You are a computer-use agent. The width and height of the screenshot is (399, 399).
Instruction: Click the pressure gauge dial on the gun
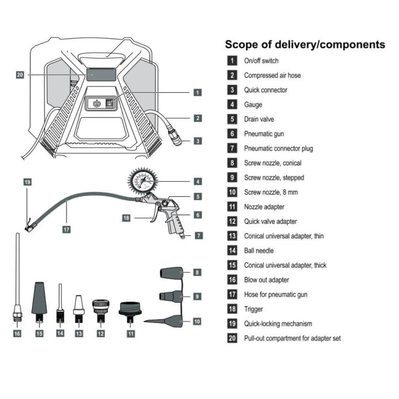[143, 181]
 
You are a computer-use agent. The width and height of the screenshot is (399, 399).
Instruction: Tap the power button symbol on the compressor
[97, 104]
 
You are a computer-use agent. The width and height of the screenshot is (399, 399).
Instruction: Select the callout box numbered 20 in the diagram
[20, 75]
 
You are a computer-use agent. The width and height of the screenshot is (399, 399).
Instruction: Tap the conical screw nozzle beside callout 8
[171, 272]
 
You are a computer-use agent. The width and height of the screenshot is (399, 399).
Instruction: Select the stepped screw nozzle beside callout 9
[172, 296]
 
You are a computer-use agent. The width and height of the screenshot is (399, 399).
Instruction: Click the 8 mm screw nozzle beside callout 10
[168, 321]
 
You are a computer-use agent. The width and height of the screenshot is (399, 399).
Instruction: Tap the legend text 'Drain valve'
[259, 119]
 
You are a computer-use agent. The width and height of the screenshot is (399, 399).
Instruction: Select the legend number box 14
[232, 251]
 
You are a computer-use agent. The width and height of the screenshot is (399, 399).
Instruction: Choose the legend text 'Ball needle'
[259, 251]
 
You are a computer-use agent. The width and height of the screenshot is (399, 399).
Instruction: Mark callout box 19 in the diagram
[27, 182]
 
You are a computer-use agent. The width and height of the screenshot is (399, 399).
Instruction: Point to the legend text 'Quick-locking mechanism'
[278, 324]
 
